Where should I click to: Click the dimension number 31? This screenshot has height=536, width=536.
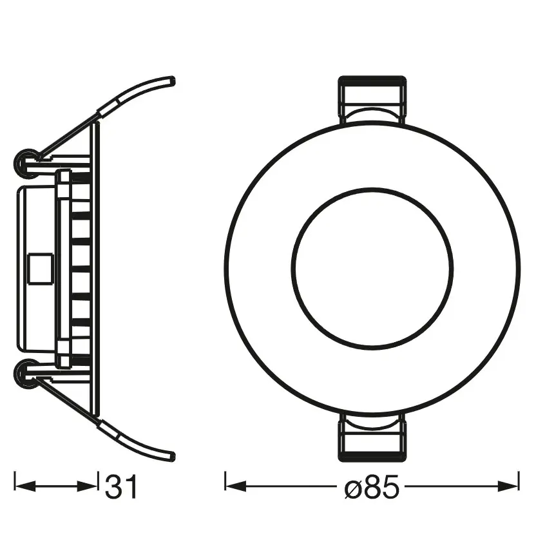(121, 487)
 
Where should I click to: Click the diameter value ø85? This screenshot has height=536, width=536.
(372, 487)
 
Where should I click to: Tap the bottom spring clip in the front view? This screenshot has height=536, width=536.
(372, 436)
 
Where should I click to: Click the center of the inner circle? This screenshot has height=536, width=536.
(372, 269)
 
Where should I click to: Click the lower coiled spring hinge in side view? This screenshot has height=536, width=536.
(28, 372)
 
